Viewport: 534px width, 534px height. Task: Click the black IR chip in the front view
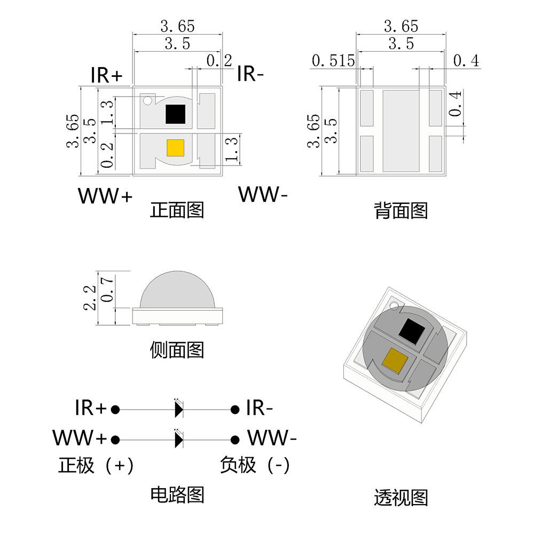175,114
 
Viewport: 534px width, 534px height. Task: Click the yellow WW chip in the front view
175,148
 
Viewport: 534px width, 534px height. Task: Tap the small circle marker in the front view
147,100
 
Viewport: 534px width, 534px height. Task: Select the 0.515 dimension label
333,61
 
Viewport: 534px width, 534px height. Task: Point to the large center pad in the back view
401,131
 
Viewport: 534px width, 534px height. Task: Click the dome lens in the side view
177,290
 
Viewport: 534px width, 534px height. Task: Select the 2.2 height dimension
89,297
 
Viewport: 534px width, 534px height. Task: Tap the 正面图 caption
177,210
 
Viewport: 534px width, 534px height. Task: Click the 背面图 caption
401,210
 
